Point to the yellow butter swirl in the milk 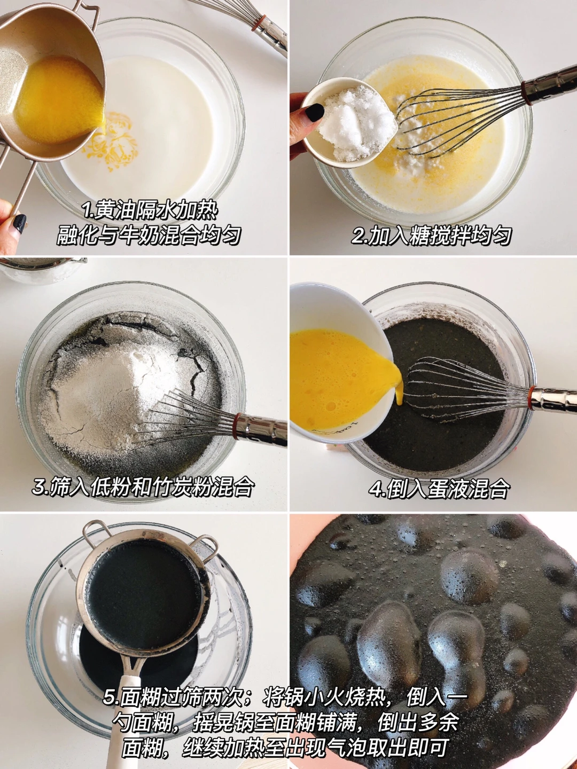click(x=111, y=140)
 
